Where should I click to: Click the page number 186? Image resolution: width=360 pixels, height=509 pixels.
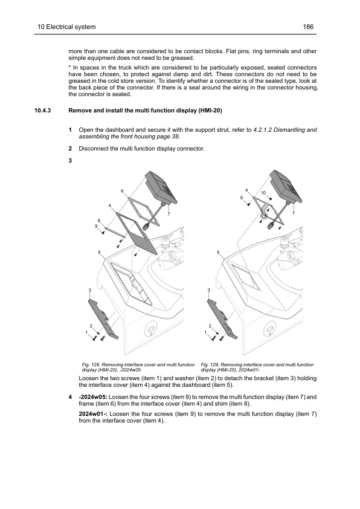[x=308, y=27]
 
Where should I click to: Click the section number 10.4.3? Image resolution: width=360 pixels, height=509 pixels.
[x=43, y=111]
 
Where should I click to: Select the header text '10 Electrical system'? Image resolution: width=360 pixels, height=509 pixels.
[x=67, y=27]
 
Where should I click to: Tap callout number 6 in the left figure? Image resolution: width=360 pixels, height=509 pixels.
[x=122, y=191]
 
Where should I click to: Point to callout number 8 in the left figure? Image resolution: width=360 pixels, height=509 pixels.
[x=99, y=221]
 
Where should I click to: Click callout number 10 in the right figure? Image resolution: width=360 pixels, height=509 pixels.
[x=263, y=193]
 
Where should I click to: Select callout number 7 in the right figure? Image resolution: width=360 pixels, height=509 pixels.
[x=294, y=213]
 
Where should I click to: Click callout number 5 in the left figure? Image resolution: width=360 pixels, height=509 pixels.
[x=99, y=252]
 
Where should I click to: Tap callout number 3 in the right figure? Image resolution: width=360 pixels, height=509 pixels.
[x=209, y=290]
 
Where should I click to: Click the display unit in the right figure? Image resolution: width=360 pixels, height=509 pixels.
[x=286, y=186]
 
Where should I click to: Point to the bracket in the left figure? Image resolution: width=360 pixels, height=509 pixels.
[x=103, y=320]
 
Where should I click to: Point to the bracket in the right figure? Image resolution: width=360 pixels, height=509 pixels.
[x=222, y=319]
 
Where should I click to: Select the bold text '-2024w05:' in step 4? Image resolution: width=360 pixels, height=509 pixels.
[x=93, y=397]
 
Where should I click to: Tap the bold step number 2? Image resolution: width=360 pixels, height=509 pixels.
[x=70, y=149]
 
